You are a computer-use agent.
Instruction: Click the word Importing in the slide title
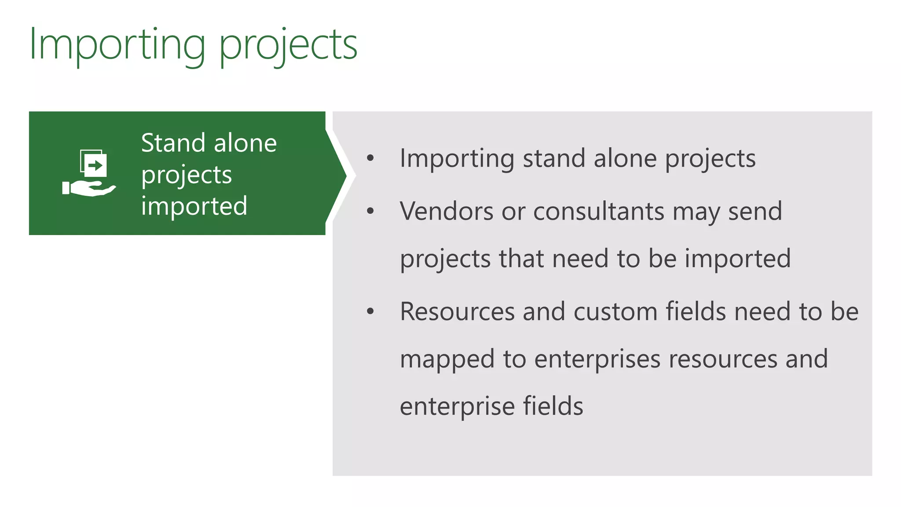117,45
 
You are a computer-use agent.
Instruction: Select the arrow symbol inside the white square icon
95,165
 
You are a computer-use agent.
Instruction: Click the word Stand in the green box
173,143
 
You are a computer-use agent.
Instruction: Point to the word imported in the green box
194,206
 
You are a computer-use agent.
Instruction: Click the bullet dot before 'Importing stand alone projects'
370,158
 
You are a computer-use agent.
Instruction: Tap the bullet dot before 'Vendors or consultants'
370,211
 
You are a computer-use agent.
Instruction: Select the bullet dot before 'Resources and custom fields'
370,312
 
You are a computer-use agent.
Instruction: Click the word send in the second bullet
755,211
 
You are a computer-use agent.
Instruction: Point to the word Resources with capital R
457,312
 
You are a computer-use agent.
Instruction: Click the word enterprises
597,359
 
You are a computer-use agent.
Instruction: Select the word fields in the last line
553,406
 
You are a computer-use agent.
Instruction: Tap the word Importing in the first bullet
457,159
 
